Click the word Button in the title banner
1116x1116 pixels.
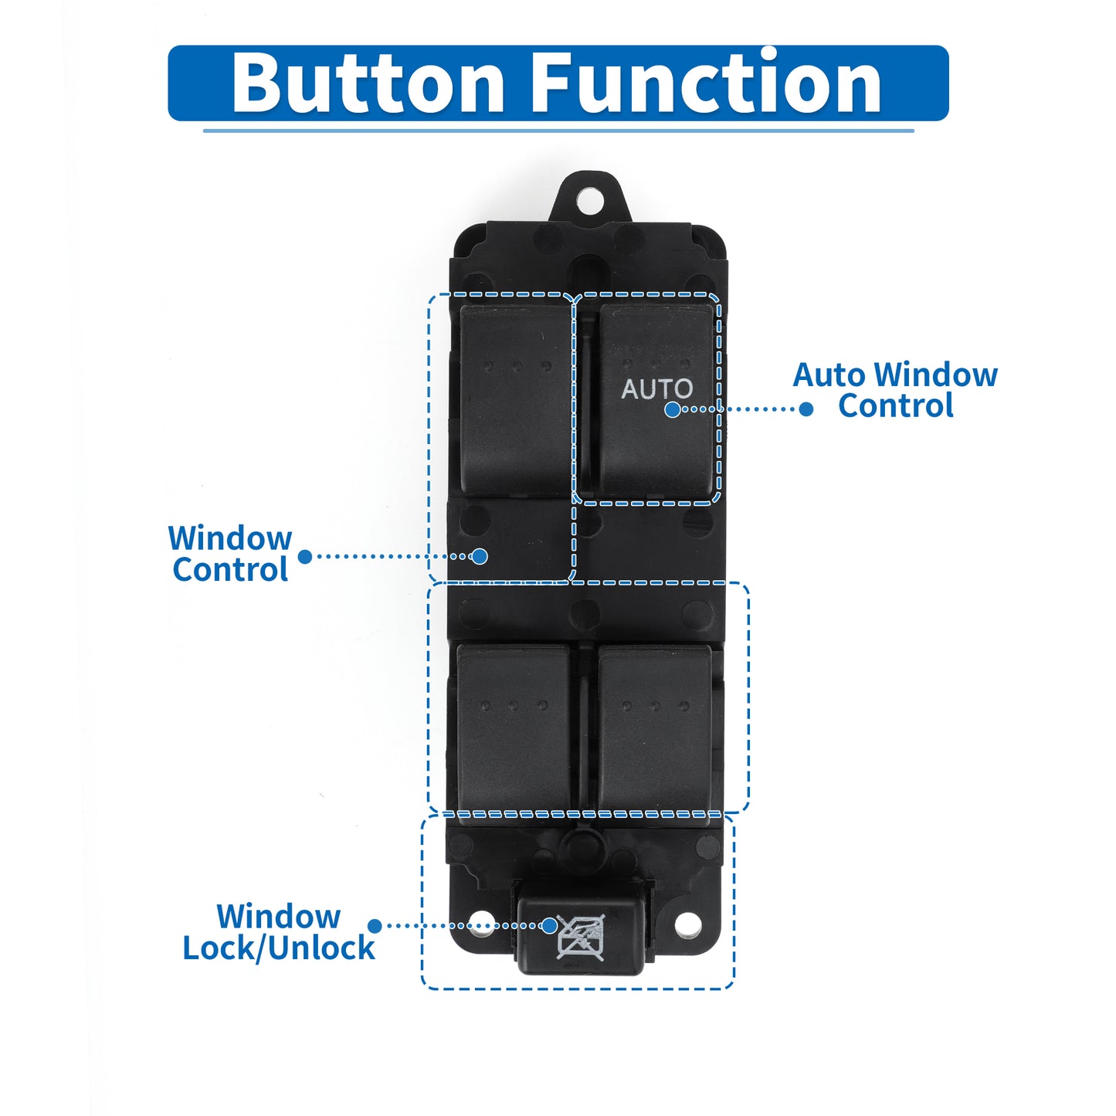(x=368, y=82)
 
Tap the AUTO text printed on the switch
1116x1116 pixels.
(x=656, y=388)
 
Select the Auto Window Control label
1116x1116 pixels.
(x=895, y=390)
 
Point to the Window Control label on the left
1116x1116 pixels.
(x=230, y=554)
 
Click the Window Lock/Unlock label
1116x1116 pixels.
(x=279, y=932)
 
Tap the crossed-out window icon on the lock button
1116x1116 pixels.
(x=580, y=937)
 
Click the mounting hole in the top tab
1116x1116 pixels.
(x=590, y=200)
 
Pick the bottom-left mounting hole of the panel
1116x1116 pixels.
(x=480, y=925)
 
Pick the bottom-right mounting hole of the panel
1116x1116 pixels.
(x=687, y=925)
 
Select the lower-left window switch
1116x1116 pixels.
(x=513, y=728)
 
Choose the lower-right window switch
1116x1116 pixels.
(x=654, y=728)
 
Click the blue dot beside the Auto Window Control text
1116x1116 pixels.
(x=806, y=409)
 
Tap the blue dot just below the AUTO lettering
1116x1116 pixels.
(x=673, y=409)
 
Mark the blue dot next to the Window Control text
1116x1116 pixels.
(x=305, y=557)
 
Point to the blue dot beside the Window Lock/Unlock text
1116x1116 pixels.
(x=375, y=926)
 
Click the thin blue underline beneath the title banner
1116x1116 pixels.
(x=558, y=131)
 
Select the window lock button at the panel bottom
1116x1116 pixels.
(x=580, y=935)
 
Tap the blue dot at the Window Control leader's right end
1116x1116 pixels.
(x=480, y=556)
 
